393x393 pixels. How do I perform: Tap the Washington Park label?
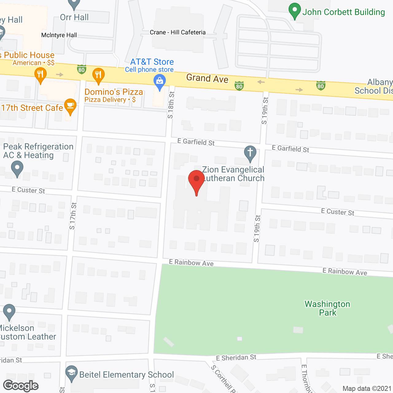pyautogui.click(x=327, y=308)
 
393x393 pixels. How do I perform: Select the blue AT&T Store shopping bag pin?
pyautogui.click(x=159, y=82)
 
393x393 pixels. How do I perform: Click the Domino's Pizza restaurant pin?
pyautogui.click(x=98, y=76)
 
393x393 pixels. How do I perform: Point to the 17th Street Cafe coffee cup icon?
pyautogui.click(x=70, y=107)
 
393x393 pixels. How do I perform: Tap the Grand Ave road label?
pyautogui.click(x=207, y=78)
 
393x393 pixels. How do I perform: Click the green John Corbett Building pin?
pyautogui.click(x=295, y=10)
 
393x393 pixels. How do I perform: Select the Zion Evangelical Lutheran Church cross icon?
pyautogui.click(x=250, y=153)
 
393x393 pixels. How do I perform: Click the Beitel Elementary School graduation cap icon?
pyautogui.click(x=72, y=373)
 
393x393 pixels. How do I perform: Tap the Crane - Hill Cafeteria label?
pyautogui.click(x=178, y=32)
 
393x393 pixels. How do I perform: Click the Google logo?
pyautogui.click(x=21, y=386)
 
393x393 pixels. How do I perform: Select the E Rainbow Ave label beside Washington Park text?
pyautogui.click(x=344, y=271)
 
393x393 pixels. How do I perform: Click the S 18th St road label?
pyautogui.click(x=171, y=105)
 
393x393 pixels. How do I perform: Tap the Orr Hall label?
pyautogui.click(x=74, y=18)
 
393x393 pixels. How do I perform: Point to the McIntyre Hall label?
pyautogui.click(x=59, y=35)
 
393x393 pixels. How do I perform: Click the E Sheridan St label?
pyautogui.click(x=236, y=357)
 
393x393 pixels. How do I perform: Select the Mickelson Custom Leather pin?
pyautogui.click(x=9, y=312)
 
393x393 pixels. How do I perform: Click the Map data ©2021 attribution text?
pyautogui.click(x=367, y=388)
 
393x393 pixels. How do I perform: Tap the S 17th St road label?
pyautogui.click(x=73, y=216)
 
